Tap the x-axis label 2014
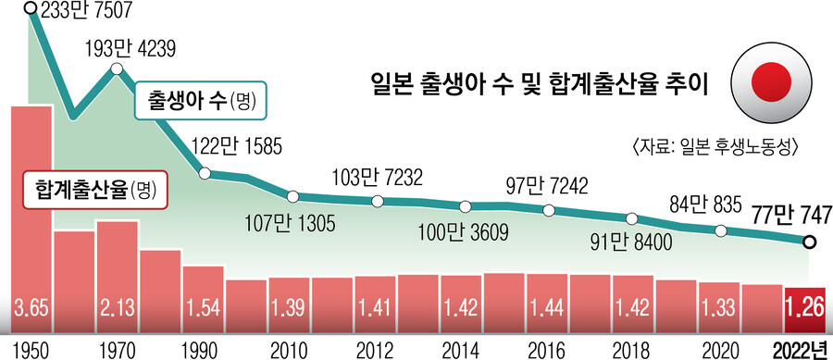[x=461, y=349]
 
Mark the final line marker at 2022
[x=808, y=243]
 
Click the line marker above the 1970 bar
[x=117, y=69]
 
